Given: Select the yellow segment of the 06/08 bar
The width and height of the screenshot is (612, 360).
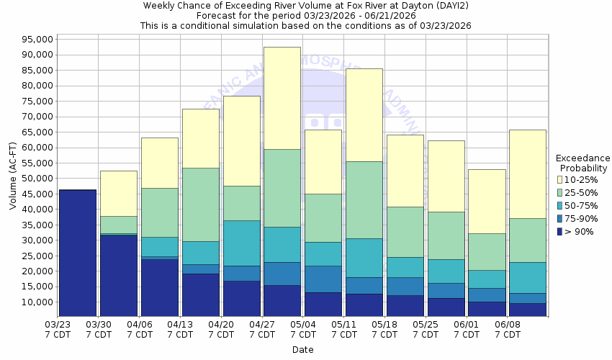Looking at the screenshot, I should tap(528, 174).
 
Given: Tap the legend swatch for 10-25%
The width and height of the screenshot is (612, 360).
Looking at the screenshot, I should tap(560, 179).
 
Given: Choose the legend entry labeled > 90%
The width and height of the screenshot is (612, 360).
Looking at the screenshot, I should tap(580, 231).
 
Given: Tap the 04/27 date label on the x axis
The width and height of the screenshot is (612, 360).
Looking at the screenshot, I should tap(263, 330).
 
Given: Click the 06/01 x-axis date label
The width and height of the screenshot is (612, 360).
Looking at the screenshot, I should tap(467, 330).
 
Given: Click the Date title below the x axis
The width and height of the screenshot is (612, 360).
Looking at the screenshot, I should tap(302, 350).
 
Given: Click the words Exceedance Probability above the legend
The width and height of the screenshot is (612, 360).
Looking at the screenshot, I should tap(583, 163).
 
